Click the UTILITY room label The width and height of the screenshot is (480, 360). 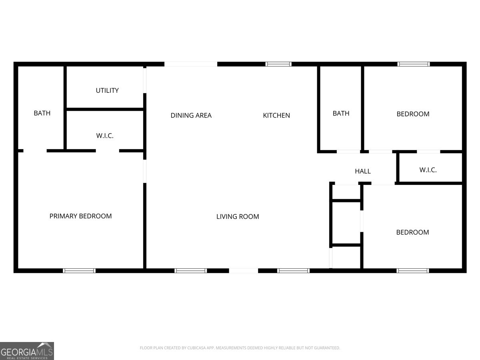(107, 90)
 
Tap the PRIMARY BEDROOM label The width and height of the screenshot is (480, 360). (80, 216)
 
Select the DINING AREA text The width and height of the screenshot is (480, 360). (191, 116)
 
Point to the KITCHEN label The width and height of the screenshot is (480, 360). (276, 116)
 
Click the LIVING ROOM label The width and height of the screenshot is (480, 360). (238, 217)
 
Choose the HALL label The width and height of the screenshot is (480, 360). (363, 171)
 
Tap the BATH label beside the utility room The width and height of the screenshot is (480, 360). (42, 113)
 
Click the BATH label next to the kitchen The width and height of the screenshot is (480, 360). (341, 114)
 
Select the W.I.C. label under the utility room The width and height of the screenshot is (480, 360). (105, 136)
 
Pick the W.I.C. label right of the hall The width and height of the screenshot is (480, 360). (428, 170)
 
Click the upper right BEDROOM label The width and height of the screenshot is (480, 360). (413, 114)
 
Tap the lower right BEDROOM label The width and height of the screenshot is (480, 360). (412, 232)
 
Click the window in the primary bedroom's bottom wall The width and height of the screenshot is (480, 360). (79, 271)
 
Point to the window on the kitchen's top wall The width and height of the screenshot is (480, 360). (278, 64)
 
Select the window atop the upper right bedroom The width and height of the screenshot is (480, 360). (414, 64)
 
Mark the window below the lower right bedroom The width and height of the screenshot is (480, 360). (413, 271)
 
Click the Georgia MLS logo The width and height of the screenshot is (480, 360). (27, 351)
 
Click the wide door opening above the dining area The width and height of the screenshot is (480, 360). (191, 64)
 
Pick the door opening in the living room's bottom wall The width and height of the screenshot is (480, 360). (244, 271)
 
